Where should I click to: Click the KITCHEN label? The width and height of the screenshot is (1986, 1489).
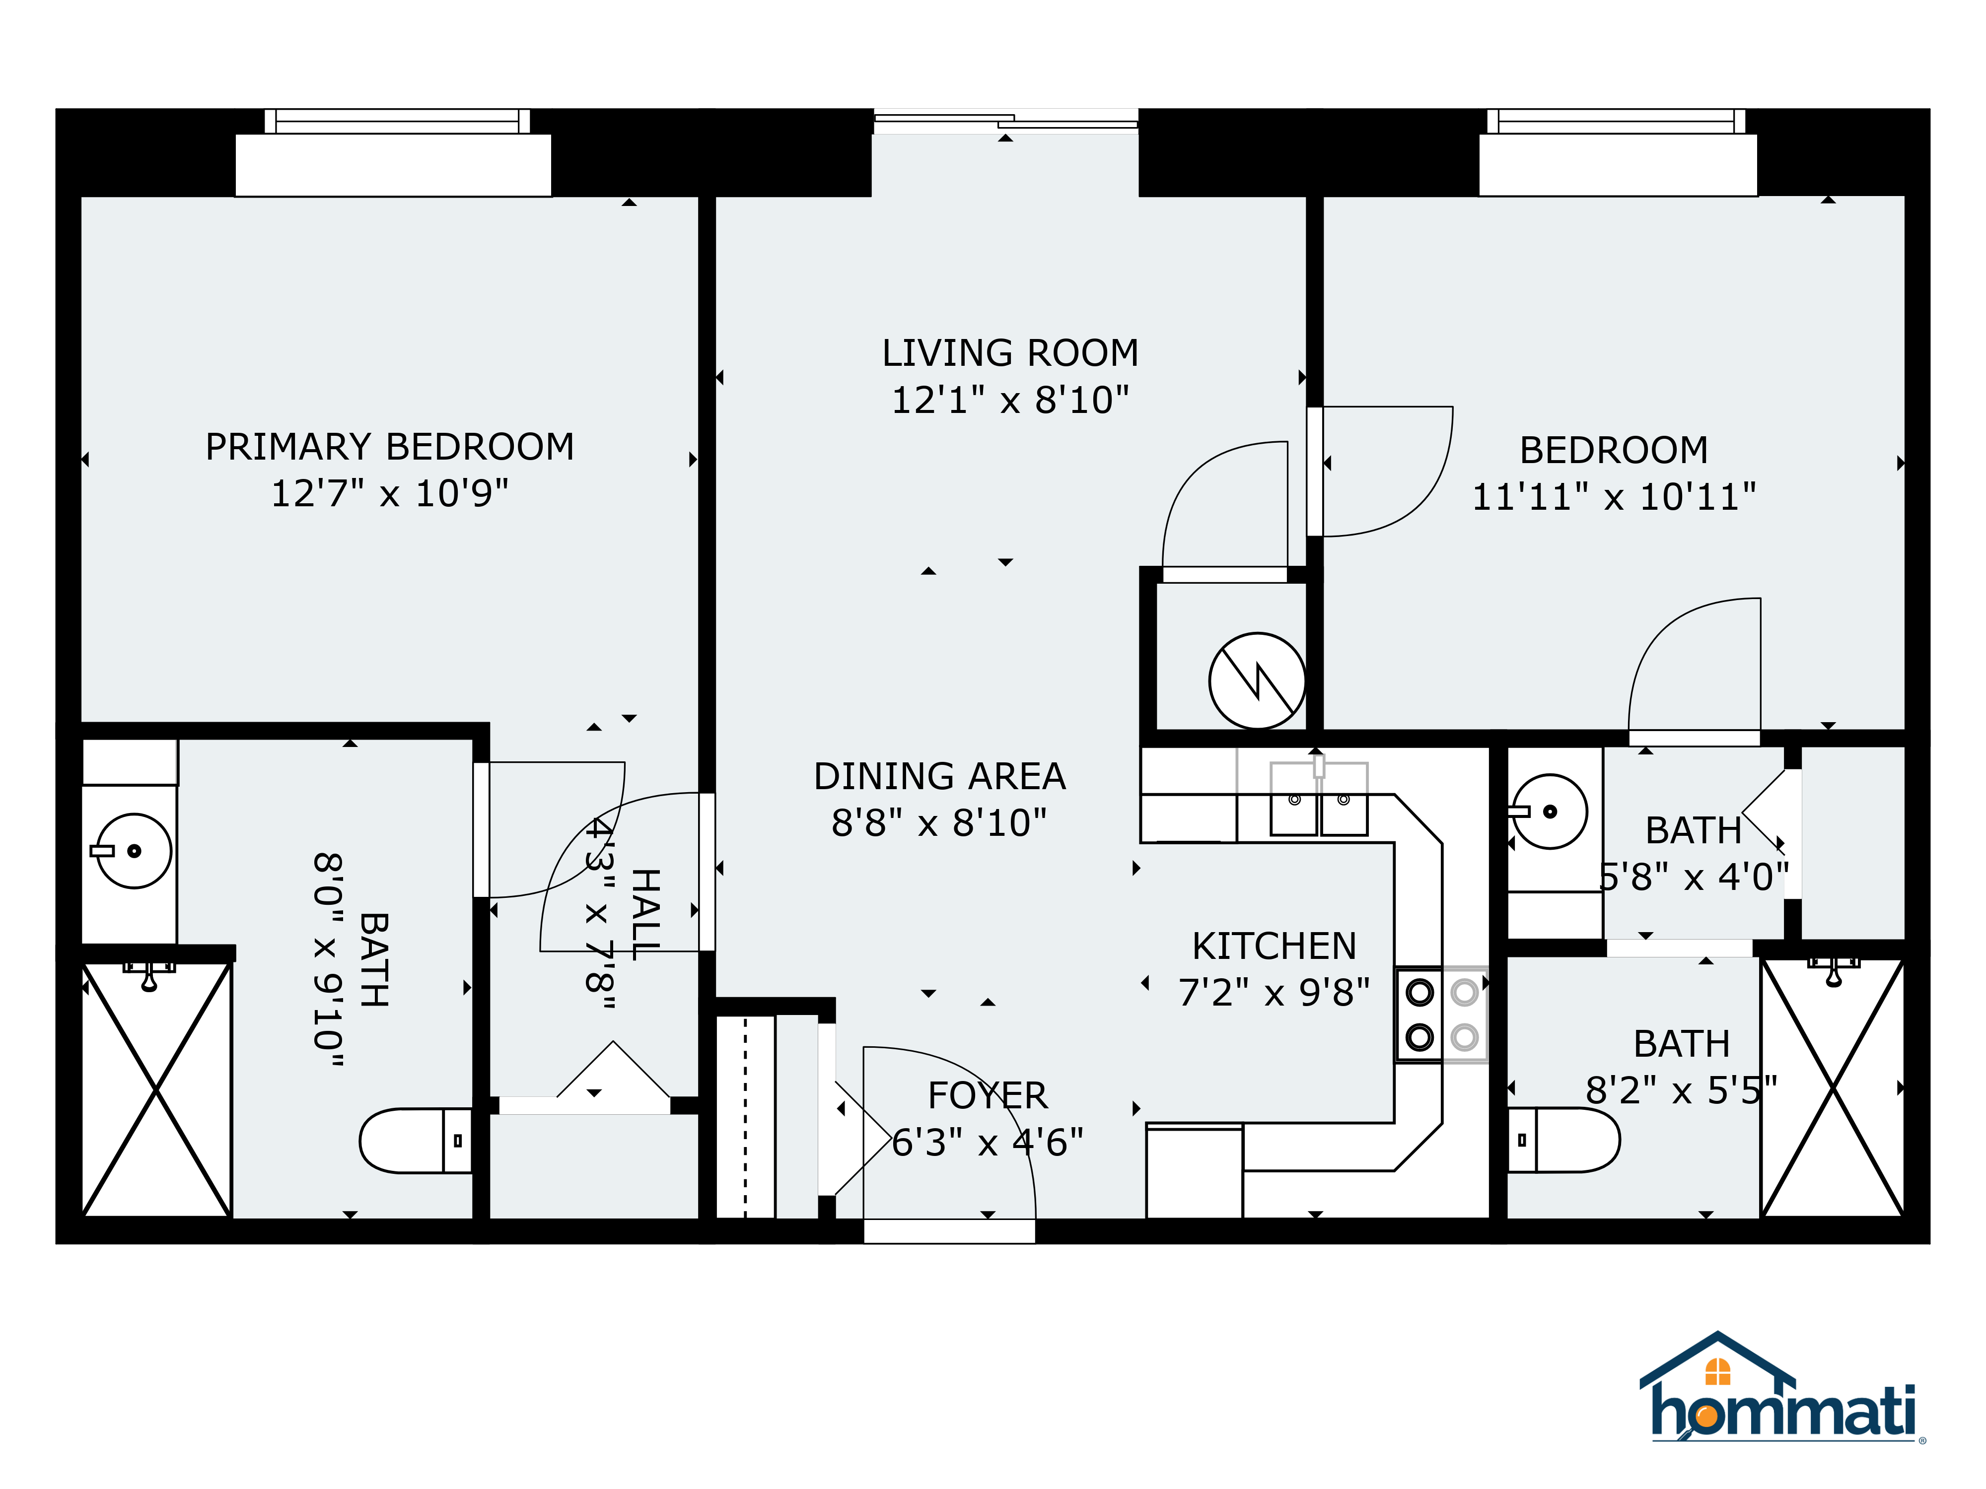pyautogui.click(x=1274, y=946)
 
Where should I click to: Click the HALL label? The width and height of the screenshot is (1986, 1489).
pyautogui.click(x=645, y=914)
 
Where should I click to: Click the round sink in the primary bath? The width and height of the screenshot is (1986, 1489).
pyautogui.click(x=133, y=851)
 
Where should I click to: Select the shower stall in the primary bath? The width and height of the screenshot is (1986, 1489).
pyautogui.click(x=157, y=1089)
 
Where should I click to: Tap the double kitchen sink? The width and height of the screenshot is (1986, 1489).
pyautogui.click(x=1319, y=799)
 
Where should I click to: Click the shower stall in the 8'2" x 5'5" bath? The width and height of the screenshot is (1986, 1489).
pyautogui.click(x=1833, y=1088)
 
